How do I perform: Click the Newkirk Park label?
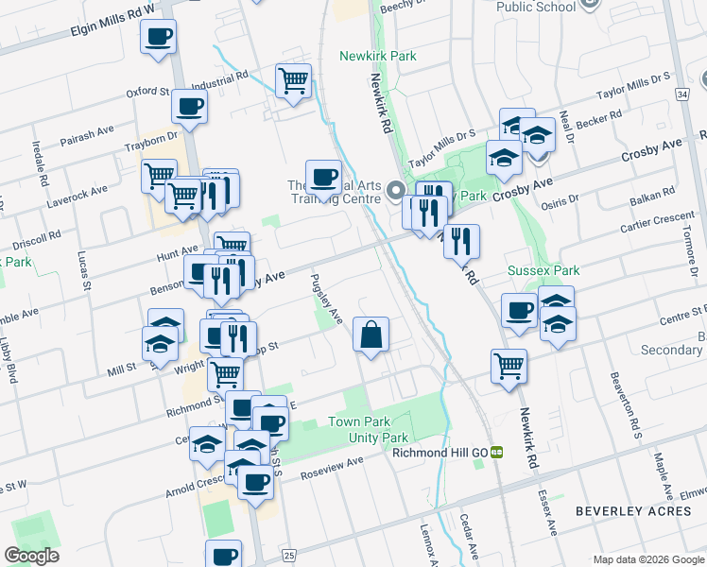[378, 56]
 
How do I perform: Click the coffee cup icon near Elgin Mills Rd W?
[159, 39]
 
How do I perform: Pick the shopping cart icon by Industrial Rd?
[294, 80]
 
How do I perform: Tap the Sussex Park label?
[543, 270]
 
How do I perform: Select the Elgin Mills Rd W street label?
[112, 22]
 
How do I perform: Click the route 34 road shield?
[681, 94]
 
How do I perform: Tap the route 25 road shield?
[288, 554]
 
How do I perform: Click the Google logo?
[32, 556]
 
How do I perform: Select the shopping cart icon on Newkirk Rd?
[509, 366]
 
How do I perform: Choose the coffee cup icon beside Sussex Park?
[519, 312]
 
